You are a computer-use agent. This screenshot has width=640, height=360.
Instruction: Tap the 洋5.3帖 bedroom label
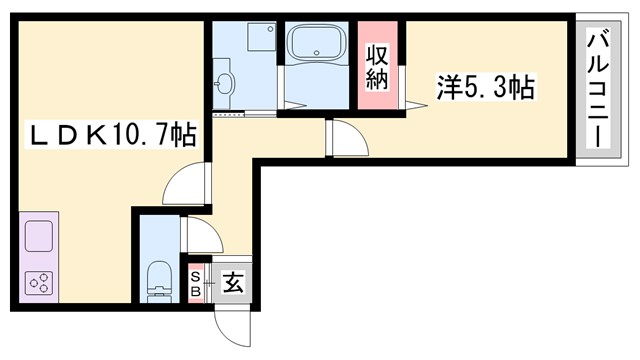(x=485, y=88)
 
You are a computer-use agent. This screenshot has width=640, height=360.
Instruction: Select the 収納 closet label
(x=377, y=67)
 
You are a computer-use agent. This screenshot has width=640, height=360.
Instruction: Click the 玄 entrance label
(x=231, y=282)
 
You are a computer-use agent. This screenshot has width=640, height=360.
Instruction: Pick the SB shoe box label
(x=196, y=282)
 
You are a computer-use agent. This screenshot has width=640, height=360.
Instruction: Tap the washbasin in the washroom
(x=224, y=82)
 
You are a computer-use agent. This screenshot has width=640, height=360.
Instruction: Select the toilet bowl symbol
(x=158, y=279)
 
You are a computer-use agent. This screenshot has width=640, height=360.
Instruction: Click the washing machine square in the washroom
(x=261, y=38)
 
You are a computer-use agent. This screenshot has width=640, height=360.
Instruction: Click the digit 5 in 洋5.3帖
(x=468, y=88)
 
